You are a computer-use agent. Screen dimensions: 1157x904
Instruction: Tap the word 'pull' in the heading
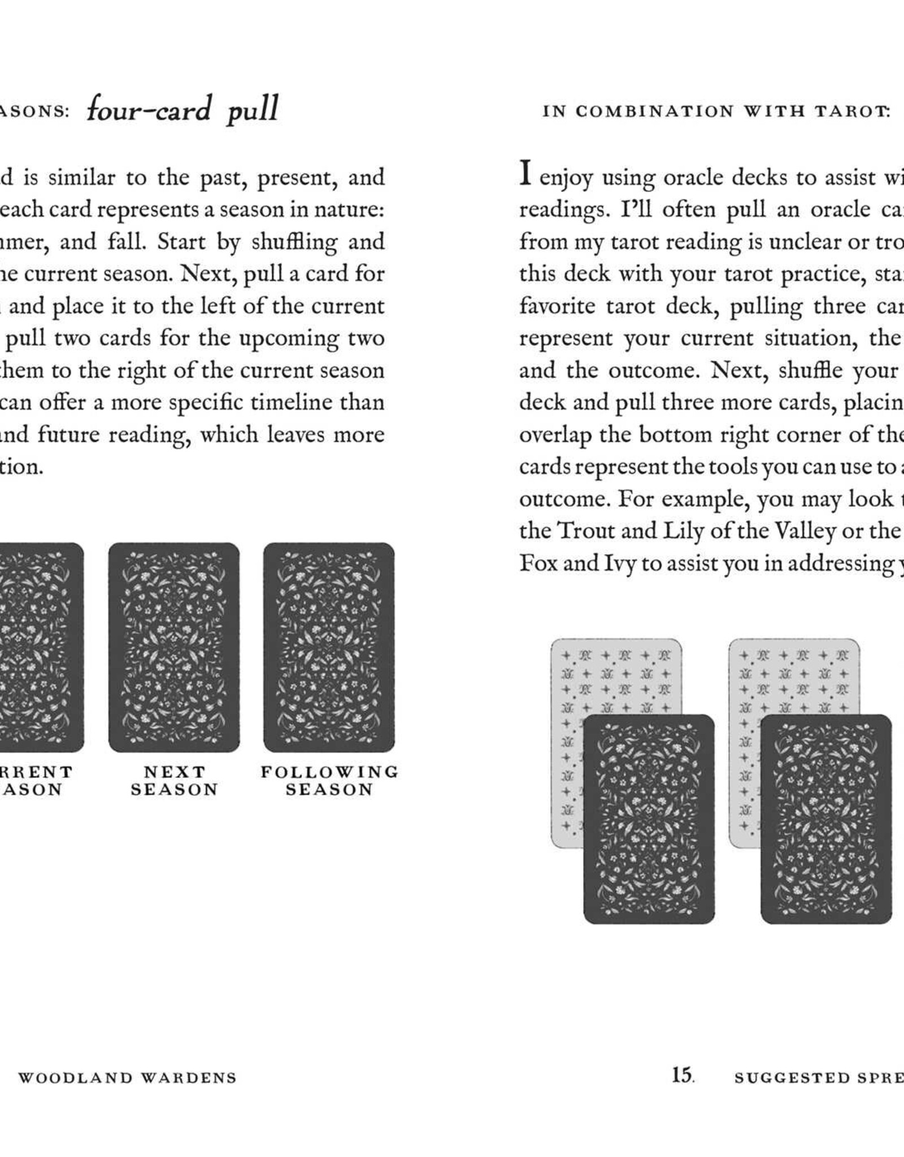click(x=252, y=110)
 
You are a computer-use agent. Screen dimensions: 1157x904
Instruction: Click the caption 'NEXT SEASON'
click(x=174, y=780)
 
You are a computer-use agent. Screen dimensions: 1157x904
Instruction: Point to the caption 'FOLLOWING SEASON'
click(x=329, y=780)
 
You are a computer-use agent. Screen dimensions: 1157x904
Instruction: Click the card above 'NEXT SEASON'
click(x=174, y=647)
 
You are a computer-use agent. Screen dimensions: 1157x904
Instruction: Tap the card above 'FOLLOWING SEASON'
click(x=329, y=647)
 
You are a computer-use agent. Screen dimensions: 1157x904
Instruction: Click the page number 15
click(x=682, y=1075)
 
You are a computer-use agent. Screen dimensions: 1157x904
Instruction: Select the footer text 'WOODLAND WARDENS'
click(x=128, y=1078)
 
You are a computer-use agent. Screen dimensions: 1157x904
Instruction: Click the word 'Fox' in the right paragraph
click(x=538, y=563)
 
